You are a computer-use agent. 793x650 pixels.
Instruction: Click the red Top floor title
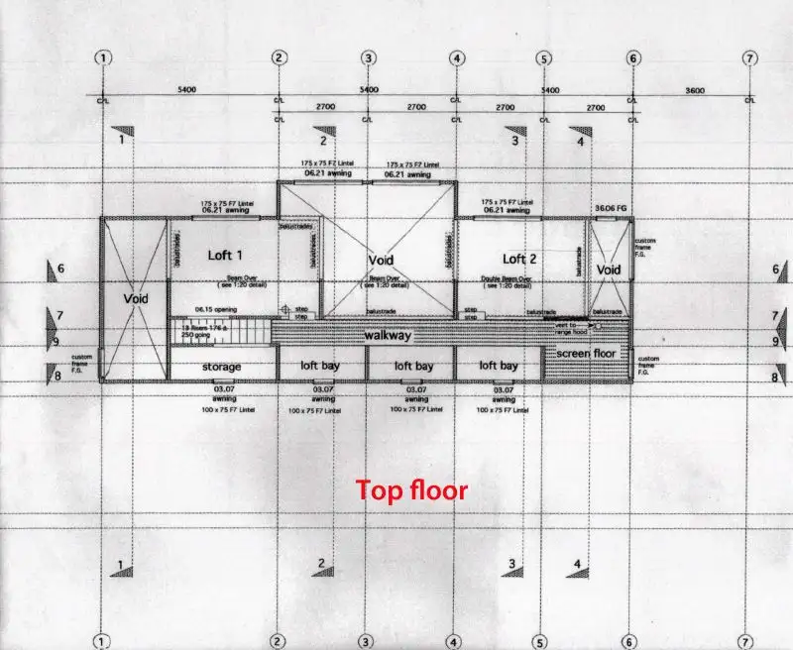tap(411, 489)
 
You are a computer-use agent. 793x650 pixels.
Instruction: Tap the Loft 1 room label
tap(225, 256)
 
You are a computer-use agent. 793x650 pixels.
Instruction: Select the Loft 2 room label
tap(519, 260)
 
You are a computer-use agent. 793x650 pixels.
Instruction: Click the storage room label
tap(221, 367)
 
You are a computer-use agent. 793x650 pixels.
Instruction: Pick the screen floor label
tap(585, 354)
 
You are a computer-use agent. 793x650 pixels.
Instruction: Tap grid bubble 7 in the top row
tap(749, 57)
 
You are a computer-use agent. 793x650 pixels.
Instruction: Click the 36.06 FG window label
tap(611, 208)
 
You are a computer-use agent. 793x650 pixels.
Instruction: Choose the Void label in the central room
tap(381, 261)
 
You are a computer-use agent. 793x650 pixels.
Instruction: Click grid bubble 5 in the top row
tap(543, 57)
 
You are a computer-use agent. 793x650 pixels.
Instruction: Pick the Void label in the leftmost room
tap(135, 297)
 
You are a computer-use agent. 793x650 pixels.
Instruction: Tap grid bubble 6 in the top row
tap(632, 57)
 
